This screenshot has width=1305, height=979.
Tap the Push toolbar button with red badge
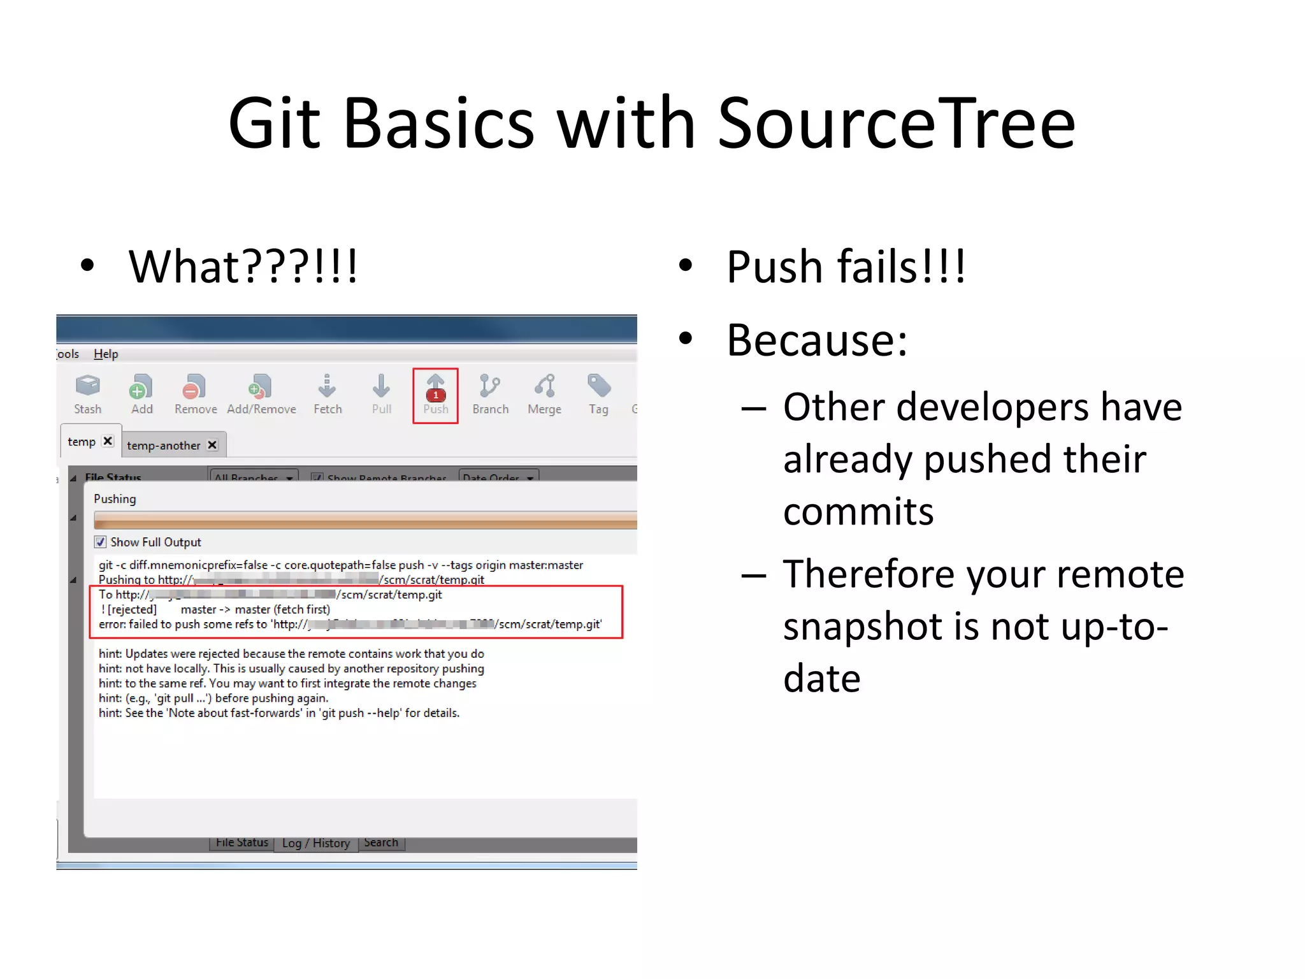coord(435,395)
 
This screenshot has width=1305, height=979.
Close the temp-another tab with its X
coord(213,445)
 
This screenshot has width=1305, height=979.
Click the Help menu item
coord(106,354)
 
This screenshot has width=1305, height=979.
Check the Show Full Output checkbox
coord(101,542)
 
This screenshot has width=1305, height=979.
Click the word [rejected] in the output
coord(132,609)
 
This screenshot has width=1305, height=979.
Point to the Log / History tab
coord(316,843)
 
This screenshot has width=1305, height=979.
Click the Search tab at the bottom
coord(381,843)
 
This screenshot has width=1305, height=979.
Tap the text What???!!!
coord(243,266)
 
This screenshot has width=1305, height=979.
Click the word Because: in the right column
coord(817,340)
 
